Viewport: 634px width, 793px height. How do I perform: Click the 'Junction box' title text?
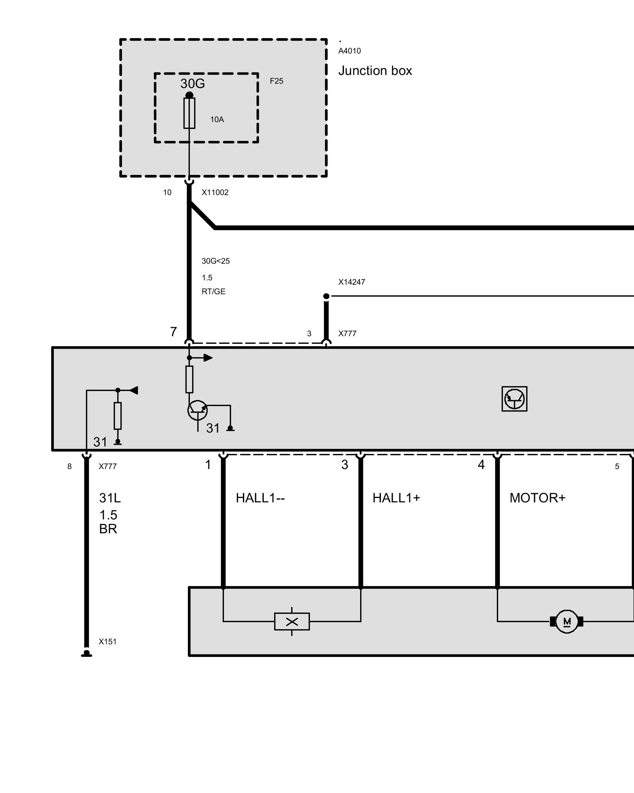point(375,71)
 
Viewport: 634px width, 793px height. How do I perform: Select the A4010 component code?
point(349,51)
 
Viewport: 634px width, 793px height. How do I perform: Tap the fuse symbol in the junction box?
point(189,113)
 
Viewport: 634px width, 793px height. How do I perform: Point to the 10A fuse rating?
point(217,119)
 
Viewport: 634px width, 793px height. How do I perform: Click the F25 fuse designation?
point(277,81)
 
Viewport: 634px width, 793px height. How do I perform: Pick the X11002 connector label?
point(215,192)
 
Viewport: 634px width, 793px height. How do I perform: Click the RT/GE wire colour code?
point(214,291)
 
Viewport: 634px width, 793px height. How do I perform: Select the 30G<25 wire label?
point(216,261)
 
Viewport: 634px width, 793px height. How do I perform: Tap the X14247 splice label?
point(351,282)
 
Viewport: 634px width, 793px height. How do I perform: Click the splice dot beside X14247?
point(326,296)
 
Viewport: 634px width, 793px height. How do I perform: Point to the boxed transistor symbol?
point(514,399)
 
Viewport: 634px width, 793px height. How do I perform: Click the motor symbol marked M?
point(567,621)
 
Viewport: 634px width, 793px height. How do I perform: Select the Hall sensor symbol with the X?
point(292,621)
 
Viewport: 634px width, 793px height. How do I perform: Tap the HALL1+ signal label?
point(396,498)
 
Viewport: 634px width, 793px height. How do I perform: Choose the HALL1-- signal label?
point(260,498)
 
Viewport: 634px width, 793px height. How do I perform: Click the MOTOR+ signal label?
point(537,498)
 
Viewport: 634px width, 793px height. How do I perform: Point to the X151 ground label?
point(107,642)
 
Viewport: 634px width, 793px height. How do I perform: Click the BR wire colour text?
point(108,529)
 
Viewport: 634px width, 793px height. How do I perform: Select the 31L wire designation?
point(110,498)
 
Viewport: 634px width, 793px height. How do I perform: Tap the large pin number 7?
point(174,332)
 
